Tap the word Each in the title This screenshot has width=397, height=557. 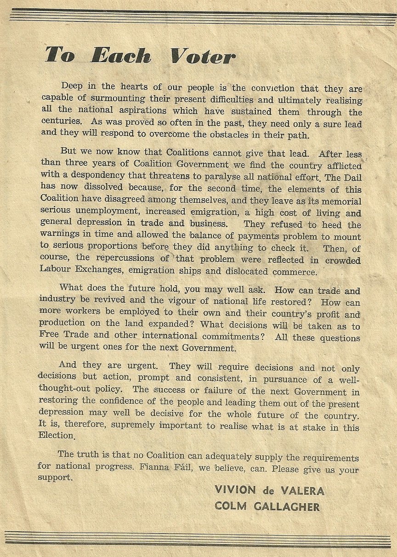point(121,56)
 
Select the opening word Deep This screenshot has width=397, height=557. point(72,86)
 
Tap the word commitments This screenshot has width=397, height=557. point(234,336)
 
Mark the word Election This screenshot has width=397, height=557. point(56,436)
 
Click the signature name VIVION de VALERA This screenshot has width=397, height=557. point(269,490)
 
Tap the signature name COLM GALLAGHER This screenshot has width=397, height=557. point(267,506)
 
